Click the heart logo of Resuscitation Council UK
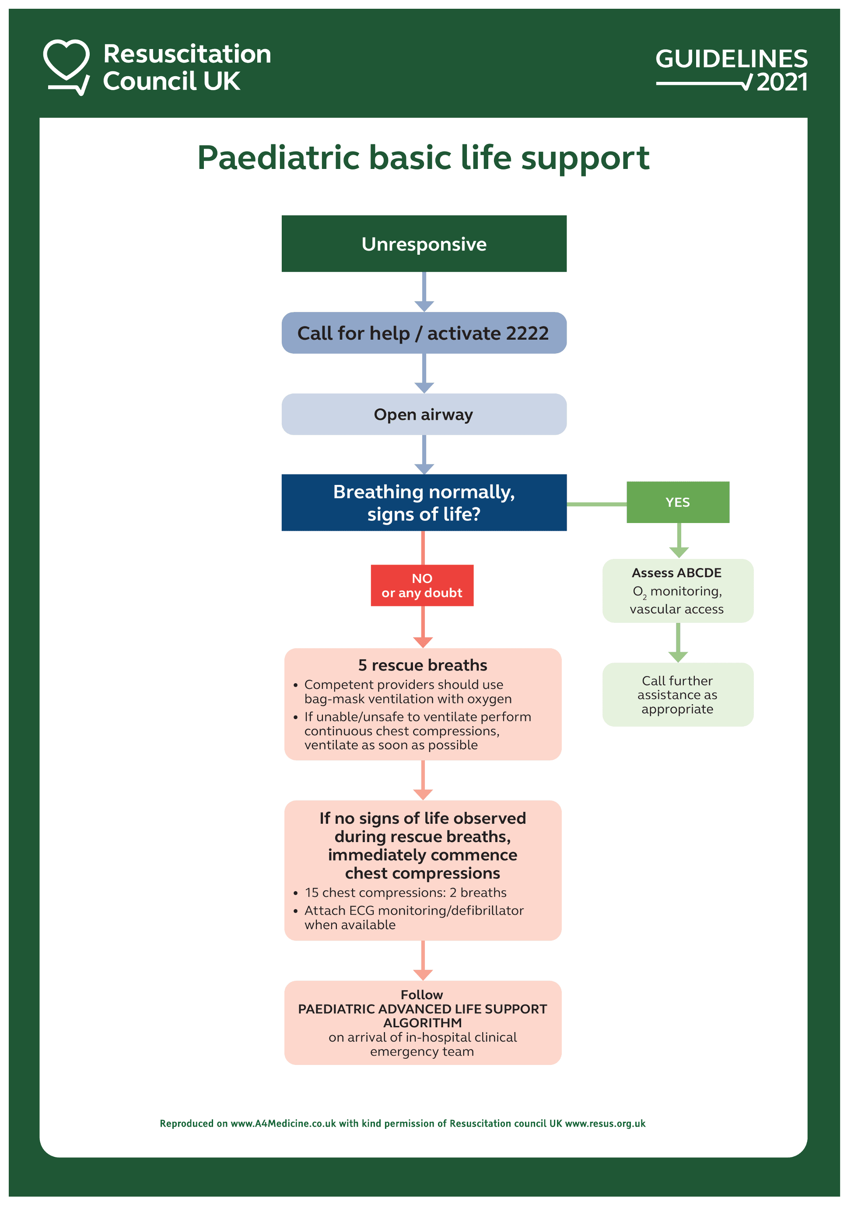[x=66, y=66]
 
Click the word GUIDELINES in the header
[x=731, y=58]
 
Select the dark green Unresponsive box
[x=424, y=244]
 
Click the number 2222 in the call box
[x=526, y=333]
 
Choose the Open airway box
[x=424, y=414]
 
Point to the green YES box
[x=677, y=502]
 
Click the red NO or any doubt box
[x=422, y=585]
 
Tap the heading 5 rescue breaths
[x=422, y=665]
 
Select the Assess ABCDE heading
[x=676, y=572]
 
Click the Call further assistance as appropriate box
[x=677, y=695]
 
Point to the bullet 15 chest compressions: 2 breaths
[x=405, y=892]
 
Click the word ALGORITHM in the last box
[x=422, y=1023]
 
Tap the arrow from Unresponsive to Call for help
[x=424, y=292]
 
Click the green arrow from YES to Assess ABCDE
[x=679, y=541]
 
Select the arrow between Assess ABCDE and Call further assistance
[x=678, y=643]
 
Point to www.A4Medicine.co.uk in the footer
[x=283, y=1123]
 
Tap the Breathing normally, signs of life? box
[x=424, y=502]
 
